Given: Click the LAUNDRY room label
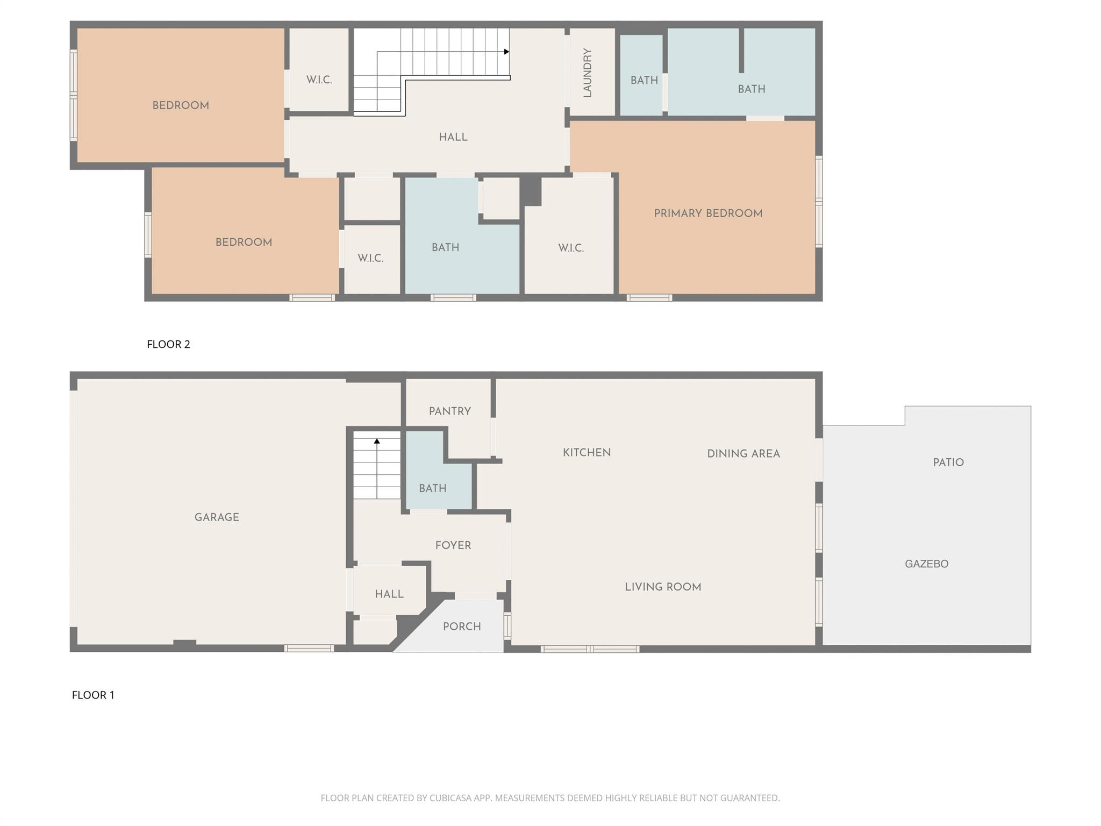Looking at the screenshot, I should tap(588, 73).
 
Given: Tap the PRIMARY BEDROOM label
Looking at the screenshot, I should tap(708, 213).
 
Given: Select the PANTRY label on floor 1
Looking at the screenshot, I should tap(449, 411).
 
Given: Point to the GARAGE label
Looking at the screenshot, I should tap(217, 517).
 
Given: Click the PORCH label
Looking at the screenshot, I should tap(462, 626).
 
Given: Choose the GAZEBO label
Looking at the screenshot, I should tap(926, 564).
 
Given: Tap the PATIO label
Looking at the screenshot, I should tap(948, 462).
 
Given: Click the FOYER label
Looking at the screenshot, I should tap(453, 545).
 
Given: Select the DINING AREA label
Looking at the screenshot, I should tap(743, 454).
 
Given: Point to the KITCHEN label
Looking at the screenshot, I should tap(587, 453).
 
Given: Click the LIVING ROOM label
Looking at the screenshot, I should tap(662, 587).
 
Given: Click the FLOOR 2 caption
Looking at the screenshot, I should tap(168, 344).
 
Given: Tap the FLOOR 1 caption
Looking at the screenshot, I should tap(93, 695).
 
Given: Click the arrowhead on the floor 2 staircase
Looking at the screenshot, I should tap(506, 52).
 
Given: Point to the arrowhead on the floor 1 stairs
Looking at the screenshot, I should tap(377, 441).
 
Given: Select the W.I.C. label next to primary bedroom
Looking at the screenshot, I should tap(570, 248).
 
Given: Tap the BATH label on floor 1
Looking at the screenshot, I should tap(432, 488).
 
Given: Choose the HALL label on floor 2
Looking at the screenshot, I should tap(453, 137).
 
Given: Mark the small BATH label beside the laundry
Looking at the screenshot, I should tap(644, 81).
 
